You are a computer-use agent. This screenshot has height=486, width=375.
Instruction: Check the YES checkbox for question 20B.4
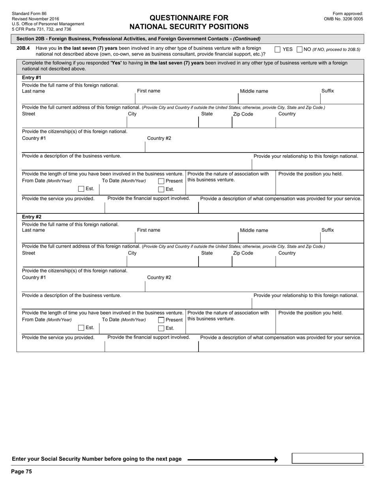(x=277, y=49)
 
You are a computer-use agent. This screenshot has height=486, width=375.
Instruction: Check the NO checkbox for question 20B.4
(x=299, y=49)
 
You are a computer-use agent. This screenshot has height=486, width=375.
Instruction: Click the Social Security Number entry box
(x=327, y=458)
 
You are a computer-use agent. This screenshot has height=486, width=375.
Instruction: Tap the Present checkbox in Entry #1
(x=161, y=181)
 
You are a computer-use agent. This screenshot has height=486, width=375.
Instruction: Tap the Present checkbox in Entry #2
(x=161, y=320)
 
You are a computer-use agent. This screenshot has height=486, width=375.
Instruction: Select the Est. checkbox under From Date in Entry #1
(x=81, y=189)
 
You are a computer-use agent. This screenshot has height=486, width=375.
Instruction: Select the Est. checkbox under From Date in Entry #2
(x=81, y=328)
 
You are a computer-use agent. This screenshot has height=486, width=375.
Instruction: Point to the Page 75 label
(x=22, y=471)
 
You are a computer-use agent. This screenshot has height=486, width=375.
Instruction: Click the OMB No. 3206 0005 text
(x=343, y=19)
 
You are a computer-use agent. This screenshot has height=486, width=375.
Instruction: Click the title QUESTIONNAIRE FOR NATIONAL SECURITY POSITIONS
(x=189, y=22)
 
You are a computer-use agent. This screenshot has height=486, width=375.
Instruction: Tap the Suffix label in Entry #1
(x=327, y=91)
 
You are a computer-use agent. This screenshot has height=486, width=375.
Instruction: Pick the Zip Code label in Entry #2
(x=243, y=253)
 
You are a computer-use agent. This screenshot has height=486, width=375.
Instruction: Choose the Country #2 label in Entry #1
(x=159, y=138)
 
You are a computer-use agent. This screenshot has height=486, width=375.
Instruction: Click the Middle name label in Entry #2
(x=254, y=230)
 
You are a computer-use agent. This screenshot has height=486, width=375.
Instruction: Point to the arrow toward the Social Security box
(x=233, y=460)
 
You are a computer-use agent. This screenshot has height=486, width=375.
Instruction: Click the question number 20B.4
(x=23, y=48)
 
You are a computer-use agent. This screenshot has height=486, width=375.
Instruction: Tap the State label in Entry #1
(x=207, y=114)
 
